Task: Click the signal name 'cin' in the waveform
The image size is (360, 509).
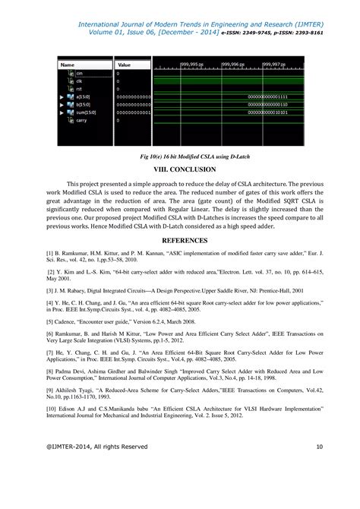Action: point(80,73)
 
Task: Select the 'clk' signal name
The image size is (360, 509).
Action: point(79,81)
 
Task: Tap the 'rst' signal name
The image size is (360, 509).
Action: point(79,89)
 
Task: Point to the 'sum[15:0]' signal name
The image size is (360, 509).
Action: point(84,112)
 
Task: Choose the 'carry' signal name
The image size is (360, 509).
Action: point(81,120)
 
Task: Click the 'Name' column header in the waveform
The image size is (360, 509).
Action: point(68,65)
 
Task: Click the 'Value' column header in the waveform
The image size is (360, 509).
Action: point(125,65)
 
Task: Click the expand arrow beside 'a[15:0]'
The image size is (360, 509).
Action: point(61,97)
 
